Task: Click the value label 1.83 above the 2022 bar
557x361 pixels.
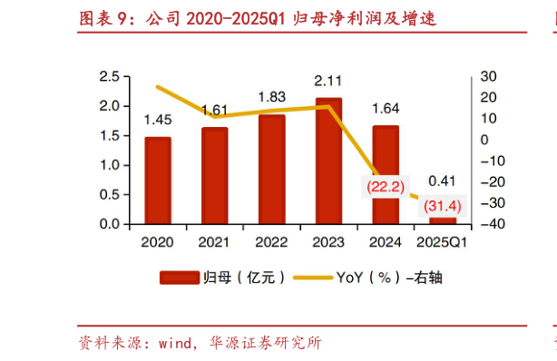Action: coord(272,97)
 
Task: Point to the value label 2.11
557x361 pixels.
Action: coord(328,80)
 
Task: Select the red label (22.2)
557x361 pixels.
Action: coord(385,186)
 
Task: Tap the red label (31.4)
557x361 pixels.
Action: coord(443,206)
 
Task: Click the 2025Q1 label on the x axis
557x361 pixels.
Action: coord(442,243)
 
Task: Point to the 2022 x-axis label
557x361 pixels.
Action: coord(272,243)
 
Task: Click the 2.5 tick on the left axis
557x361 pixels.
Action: coord(110,76)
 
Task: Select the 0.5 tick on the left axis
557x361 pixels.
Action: coord(110,194)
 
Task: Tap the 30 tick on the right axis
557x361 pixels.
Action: coord(488,76)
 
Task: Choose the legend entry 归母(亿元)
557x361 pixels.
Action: coord(222,278)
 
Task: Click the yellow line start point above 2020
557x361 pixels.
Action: coord(158,87)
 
